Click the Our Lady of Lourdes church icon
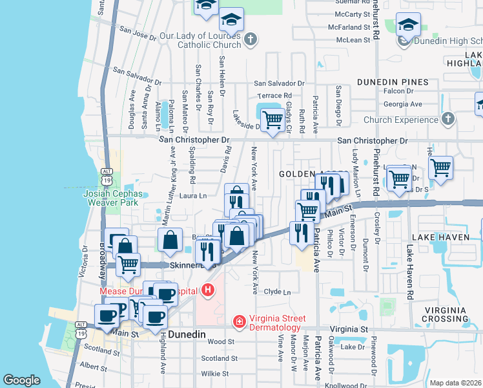251,40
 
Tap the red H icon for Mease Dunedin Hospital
207,290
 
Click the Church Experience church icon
447,119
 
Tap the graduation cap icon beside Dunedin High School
408,27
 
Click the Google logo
21,380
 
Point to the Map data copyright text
455,383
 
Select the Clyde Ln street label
278,292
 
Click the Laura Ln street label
193,195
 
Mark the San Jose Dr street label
138,33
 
